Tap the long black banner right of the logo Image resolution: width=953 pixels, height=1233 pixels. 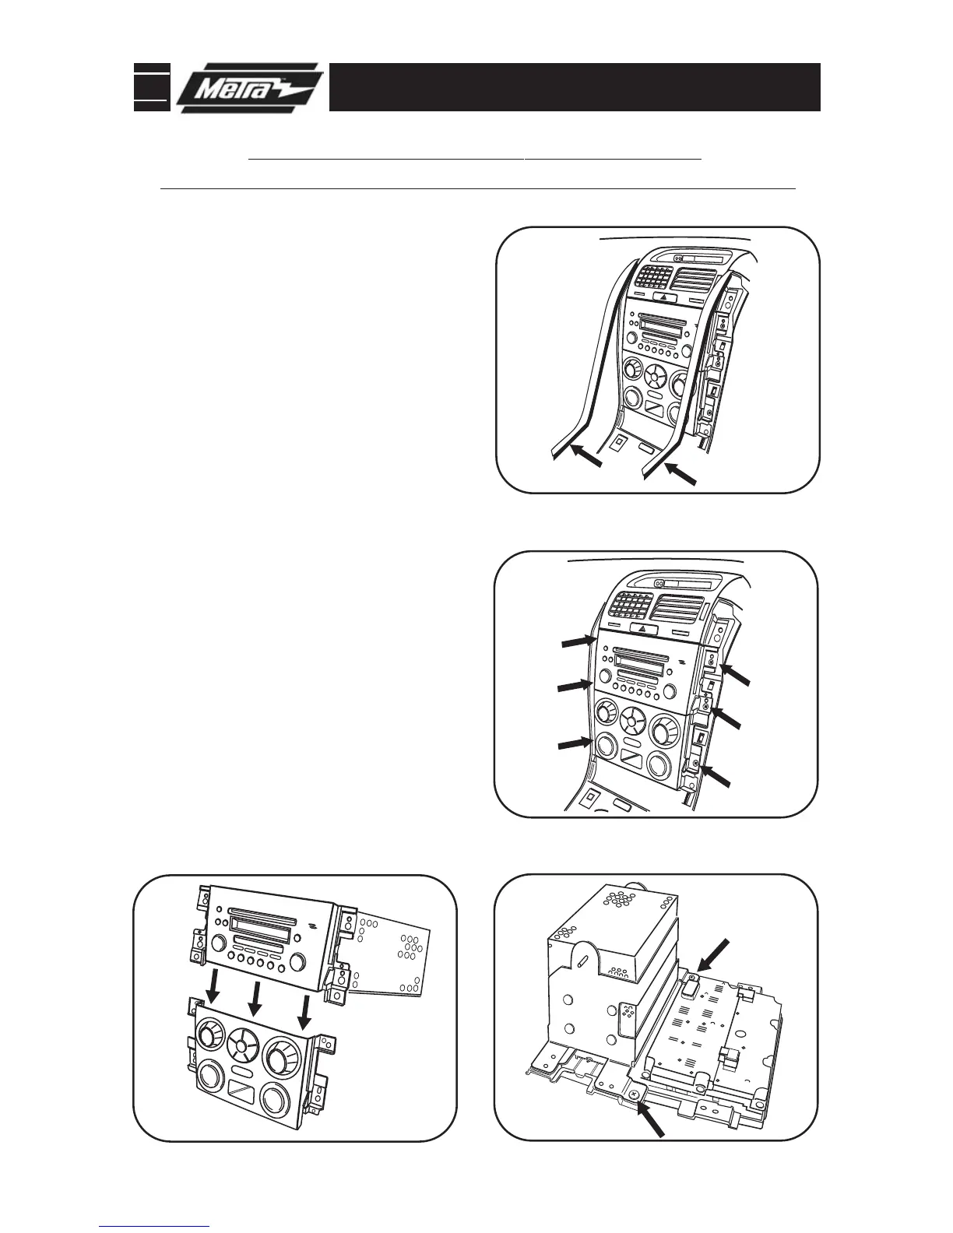tap(575, 87)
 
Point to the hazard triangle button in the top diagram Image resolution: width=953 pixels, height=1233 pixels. tap(663, 297)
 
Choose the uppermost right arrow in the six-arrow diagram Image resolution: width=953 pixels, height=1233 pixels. tap(736, 675)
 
